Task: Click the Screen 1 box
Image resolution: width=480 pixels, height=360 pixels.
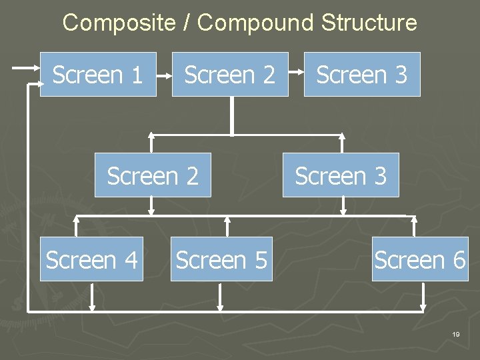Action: pyautogui.click(x=98, y=75)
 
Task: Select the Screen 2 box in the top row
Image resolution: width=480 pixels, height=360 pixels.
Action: pyautogui.click(x=230, y=75)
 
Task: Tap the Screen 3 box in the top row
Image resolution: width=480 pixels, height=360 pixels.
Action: pyautogui.click(x=362, y=75)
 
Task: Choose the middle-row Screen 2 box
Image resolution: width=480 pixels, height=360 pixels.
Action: pyautogui.click(x=153, y=175)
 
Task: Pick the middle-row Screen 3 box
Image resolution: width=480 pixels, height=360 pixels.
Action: pyautogui.click(x=341, y=175)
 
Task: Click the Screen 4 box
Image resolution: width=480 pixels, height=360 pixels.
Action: pyautogui.click(x=91, y=259)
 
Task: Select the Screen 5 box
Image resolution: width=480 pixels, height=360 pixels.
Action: pyautogui.click(x=221, y=259)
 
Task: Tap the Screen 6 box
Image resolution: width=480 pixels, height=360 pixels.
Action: pyautogui.click(x=420, y=259)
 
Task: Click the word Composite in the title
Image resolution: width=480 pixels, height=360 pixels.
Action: pyautogui.click(x=118, y=23)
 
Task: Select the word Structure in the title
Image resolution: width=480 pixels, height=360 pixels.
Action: pyautogui.click(x=369, y=23)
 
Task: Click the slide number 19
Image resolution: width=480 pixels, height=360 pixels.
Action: pyautogui.click(x=455, y=334)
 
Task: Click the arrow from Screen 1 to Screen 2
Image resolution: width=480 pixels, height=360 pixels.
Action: pyautogui.click(x=164, y=75)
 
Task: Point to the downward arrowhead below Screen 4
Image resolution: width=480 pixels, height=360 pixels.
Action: pyautogui.click(x=92, y=307)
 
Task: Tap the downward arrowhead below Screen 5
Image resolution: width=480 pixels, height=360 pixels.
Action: pyautogui.click(x=221, y=307)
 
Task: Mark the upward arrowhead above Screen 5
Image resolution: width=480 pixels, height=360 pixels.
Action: pyautogui.click(x=227, y=220)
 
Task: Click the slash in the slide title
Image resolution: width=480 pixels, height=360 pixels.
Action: pyautogui.click(x=187, y=23)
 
